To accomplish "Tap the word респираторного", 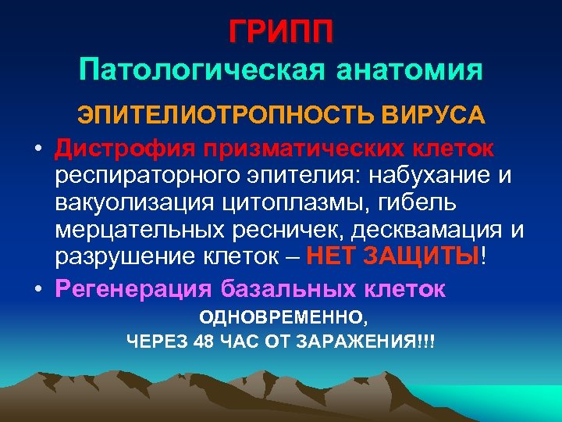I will coord(142,177).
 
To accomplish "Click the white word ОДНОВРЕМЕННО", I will coord(282,319).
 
